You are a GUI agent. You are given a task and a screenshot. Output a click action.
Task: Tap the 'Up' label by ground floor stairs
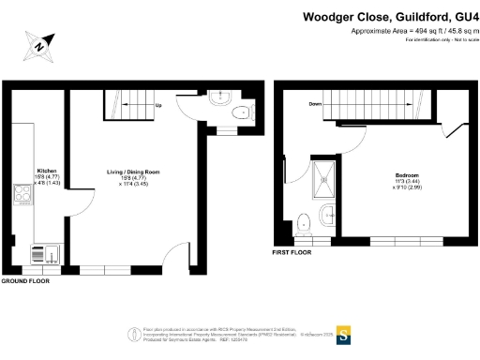(x=158, y=106)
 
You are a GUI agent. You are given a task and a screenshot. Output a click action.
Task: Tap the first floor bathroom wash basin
(x=328, y=217)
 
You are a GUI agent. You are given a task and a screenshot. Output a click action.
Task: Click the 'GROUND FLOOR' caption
(x=24, y=281)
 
